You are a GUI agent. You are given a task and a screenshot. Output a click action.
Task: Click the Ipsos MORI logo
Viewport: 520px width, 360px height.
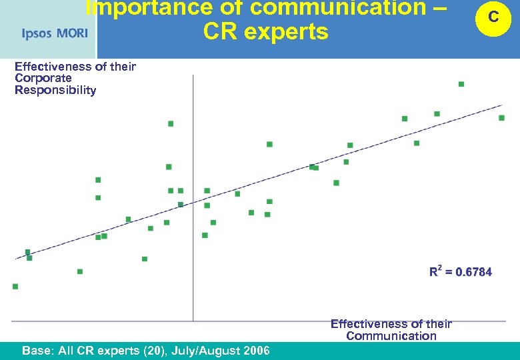coord(55,33)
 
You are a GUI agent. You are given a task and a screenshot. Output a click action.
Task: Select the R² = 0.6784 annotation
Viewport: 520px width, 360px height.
coord(461,271)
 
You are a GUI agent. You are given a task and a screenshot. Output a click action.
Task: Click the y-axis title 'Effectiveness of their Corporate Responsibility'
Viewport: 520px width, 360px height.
coord(75,78)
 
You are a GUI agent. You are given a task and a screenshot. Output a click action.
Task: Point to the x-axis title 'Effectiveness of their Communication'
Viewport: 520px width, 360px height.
coord(391,329)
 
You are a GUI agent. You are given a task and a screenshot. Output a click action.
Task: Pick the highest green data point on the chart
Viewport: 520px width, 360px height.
coord(461,84)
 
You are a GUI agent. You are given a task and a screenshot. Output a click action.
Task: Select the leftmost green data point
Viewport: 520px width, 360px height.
coord(15,287)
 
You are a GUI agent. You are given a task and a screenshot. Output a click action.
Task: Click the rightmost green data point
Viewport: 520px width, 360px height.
coord(501,118)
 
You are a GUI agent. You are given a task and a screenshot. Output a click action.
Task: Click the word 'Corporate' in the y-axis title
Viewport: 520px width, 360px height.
coord(43,78)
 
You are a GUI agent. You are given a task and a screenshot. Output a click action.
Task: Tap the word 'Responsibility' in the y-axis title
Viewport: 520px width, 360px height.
coord(55,90)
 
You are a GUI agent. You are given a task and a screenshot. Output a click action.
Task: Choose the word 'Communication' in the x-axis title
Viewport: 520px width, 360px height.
coord(391,335)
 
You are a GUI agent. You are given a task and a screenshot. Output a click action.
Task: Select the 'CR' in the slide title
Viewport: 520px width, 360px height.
coord(222,31)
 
